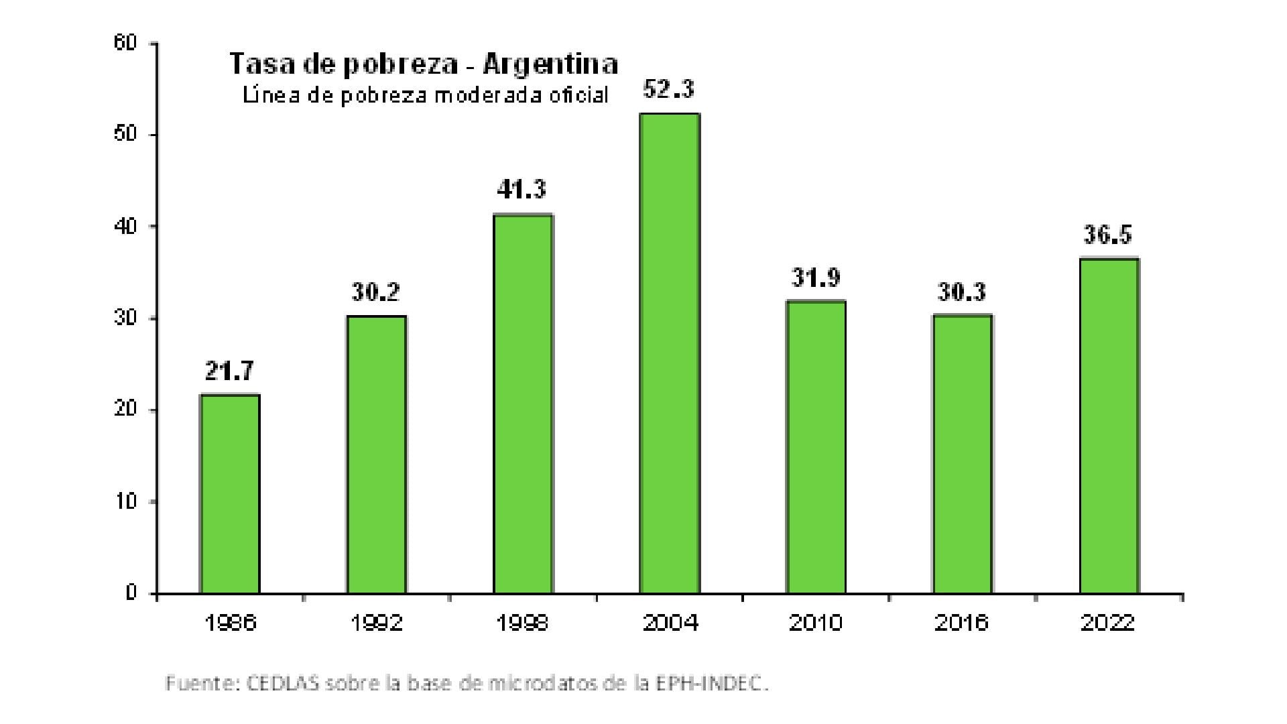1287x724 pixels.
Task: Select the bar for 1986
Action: click(x=230, y=494)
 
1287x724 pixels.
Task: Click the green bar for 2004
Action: click(x=669, y=353)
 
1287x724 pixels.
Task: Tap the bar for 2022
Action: click(x=1109, y=426)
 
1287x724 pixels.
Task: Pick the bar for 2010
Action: click(x=816, y=447)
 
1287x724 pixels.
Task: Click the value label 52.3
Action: click(x=669, y=89)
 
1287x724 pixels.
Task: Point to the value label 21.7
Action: click(x=230, y=371)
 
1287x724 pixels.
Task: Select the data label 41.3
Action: click(x=522, y=190)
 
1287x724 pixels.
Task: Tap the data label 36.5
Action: click(x=1109, y=235)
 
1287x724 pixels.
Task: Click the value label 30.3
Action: click(x=962, y=292)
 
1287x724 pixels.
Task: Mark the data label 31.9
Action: click(x=816, y=277)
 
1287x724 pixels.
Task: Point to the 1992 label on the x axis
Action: click(x=376, y=623)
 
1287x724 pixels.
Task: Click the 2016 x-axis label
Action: click(x=962, y=623)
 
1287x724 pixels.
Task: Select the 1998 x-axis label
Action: click(x=522, y=623)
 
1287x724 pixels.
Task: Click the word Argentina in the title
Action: click(x=550, y=64)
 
